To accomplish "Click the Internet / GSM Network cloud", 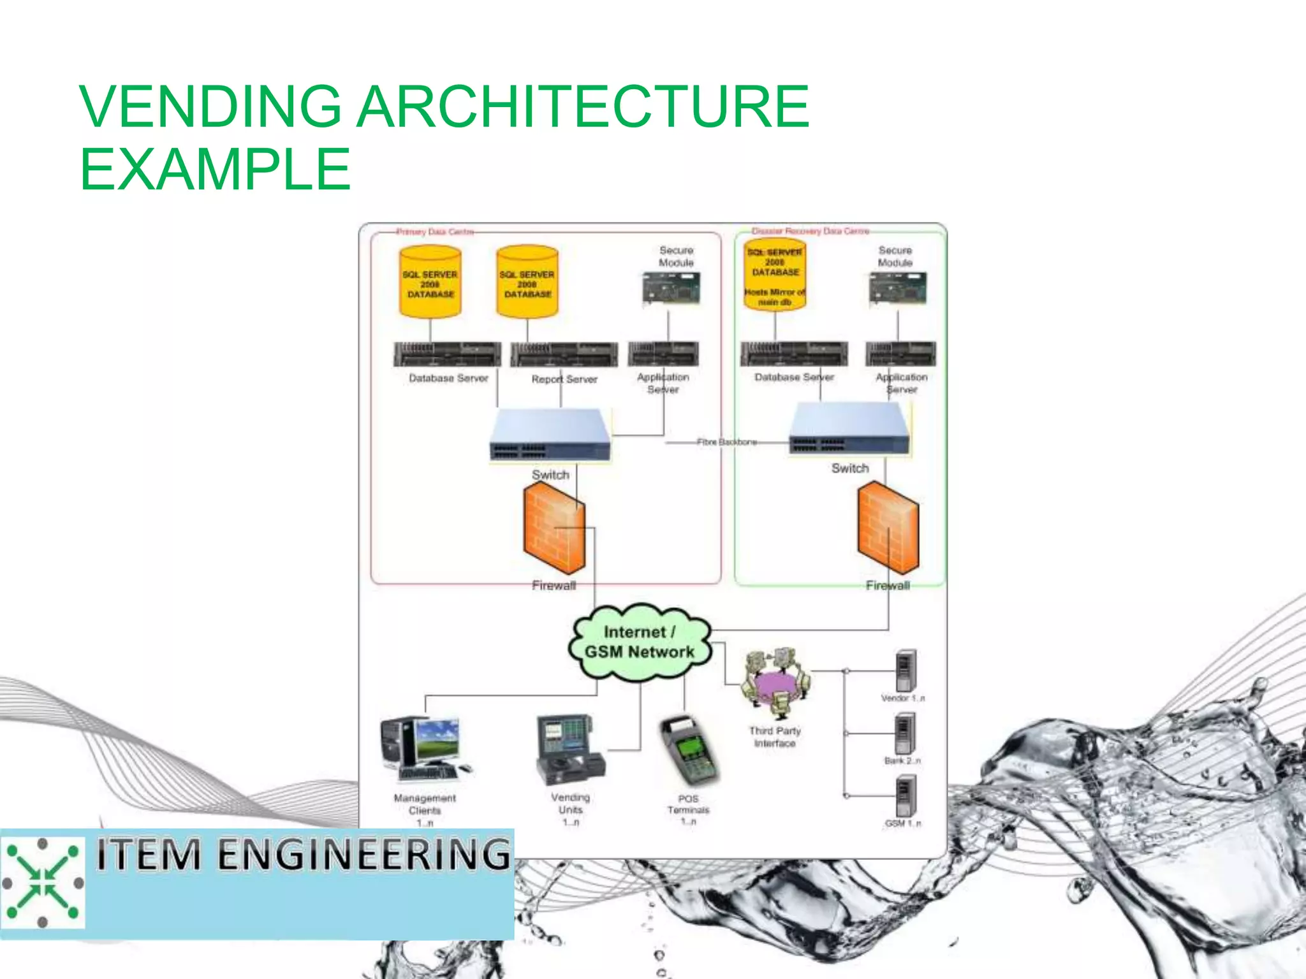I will pyautogui.click(x=640, y=642).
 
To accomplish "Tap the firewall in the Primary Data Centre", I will pyautogui.click(x=554, y=528).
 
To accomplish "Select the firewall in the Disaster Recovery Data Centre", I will pyautogui.click(x=888, y=528).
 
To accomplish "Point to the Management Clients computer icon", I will pyautogui.click(x=424, y=749).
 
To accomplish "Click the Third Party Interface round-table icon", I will pyautogui.click(x=775, y=685).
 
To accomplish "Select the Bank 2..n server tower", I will pyautogui.click(x=904, y=733).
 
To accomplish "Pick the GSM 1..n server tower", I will pyautogui.click(x=906, y=795).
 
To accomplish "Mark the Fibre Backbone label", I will pyautogui.click(x=727, y=442).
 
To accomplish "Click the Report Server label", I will pyautogui.click(x=564, y=379).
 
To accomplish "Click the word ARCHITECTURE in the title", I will pyautogui.click(x=582, y=106).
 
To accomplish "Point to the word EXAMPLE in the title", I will pyautogui.click(x=215, y=169).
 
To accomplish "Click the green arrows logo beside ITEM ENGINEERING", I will pyautogui.click(x=43, y=883).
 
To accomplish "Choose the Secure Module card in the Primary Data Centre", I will pyautogui.click(x=671, y=289).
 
